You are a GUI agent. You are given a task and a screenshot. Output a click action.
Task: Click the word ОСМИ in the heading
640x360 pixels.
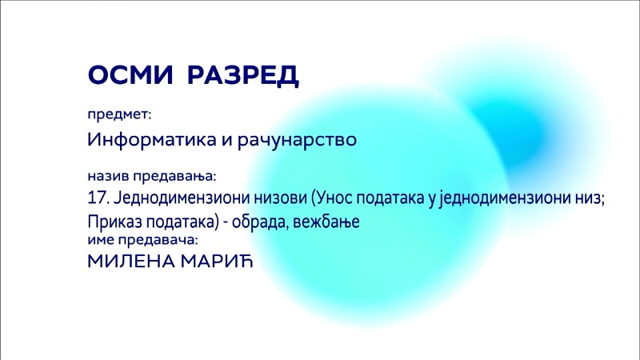pos(130,74)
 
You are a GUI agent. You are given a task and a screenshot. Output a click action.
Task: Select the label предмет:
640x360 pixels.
pos(119,114)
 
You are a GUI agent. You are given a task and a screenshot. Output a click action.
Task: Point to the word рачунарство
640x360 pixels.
pos(297,141)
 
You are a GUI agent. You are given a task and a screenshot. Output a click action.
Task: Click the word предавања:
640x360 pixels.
pos(174,177)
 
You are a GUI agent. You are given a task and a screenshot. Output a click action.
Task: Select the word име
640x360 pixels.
pos(101,240)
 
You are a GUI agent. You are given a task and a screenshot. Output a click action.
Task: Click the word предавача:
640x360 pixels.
pos(158,240)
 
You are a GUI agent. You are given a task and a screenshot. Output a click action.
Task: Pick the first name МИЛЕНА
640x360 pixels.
pos(131,262)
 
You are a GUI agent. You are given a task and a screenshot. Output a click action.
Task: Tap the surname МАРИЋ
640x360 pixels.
pos(217,261)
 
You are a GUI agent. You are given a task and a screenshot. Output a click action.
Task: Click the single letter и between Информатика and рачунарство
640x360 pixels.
pos(227,142)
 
